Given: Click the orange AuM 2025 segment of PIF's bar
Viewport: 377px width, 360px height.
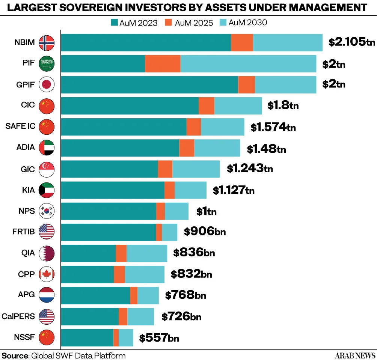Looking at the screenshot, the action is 163,64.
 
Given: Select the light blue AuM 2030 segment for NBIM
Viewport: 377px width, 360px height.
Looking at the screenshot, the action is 288,42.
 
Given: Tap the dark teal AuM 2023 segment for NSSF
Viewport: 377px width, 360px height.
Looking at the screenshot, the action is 87,337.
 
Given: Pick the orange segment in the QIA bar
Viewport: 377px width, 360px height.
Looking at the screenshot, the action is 121,253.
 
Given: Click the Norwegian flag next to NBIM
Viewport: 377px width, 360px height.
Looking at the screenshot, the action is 47,43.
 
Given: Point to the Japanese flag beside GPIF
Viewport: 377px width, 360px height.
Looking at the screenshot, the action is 47,84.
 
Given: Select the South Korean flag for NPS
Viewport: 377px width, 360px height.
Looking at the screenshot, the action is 47,211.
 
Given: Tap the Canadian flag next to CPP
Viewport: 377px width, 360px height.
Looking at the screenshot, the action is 47,274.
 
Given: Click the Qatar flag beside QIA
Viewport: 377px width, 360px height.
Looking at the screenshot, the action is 47,253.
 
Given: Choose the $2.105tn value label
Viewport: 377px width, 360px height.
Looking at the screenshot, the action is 352,42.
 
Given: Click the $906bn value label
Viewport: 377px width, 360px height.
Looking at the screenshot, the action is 205,231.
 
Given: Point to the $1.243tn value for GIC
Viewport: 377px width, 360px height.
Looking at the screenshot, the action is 250,168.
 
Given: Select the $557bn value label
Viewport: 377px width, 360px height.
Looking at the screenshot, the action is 159,338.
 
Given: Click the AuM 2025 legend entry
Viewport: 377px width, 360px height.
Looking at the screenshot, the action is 189,23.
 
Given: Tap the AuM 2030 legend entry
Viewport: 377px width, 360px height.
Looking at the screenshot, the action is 243,23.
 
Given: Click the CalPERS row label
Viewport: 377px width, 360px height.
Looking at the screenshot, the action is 18,316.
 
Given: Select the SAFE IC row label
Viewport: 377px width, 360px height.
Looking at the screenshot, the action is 20,126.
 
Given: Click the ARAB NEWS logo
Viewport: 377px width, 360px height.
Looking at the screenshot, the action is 355,355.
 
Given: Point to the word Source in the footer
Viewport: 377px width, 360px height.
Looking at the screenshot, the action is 15,355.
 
